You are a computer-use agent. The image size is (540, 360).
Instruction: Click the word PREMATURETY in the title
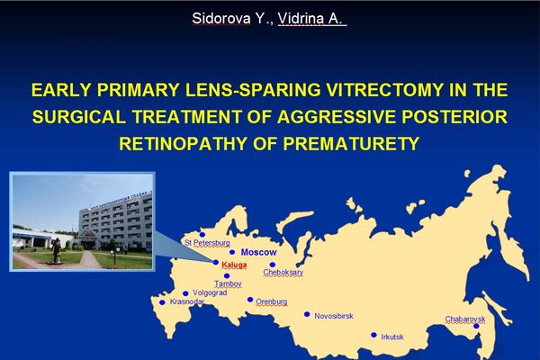[351, 143]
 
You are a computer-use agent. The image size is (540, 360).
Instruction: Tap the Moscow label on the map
[258, 252]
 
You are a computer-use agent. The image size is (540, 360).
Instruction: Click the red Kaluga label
[234, 265]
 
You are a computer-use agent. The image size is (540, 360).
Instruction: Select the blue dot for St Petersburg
[202, 235]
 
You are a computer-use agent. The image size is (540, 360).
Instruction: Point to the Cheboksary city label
[283, 272]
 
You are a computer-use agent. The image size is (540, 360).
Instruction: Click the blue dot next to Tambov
[227, 275]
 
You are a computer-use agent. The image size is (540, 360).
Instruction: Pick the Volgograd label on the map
[210, 292]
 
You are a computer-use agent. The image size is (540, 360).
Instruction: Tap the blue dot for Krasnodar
[162, 302]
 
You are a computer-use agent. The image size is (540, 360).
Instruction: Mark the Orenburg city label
[272, 301]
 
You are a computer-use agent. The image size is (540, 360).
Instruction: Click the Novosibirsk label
[334, 316]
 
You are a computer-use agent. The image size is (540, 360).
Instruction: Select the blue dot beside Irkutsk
[374, 335]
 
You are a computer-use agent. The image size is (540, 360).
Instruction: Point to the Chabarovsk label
[465, 319]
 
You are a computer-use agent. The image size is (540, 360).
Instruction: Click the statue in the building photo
[57, 251]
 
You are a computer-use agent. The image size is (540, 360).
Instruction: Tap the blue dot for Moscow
[232, 252]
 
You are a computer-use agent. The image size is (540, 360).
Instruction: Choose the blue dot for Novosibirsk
[307, 314]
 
